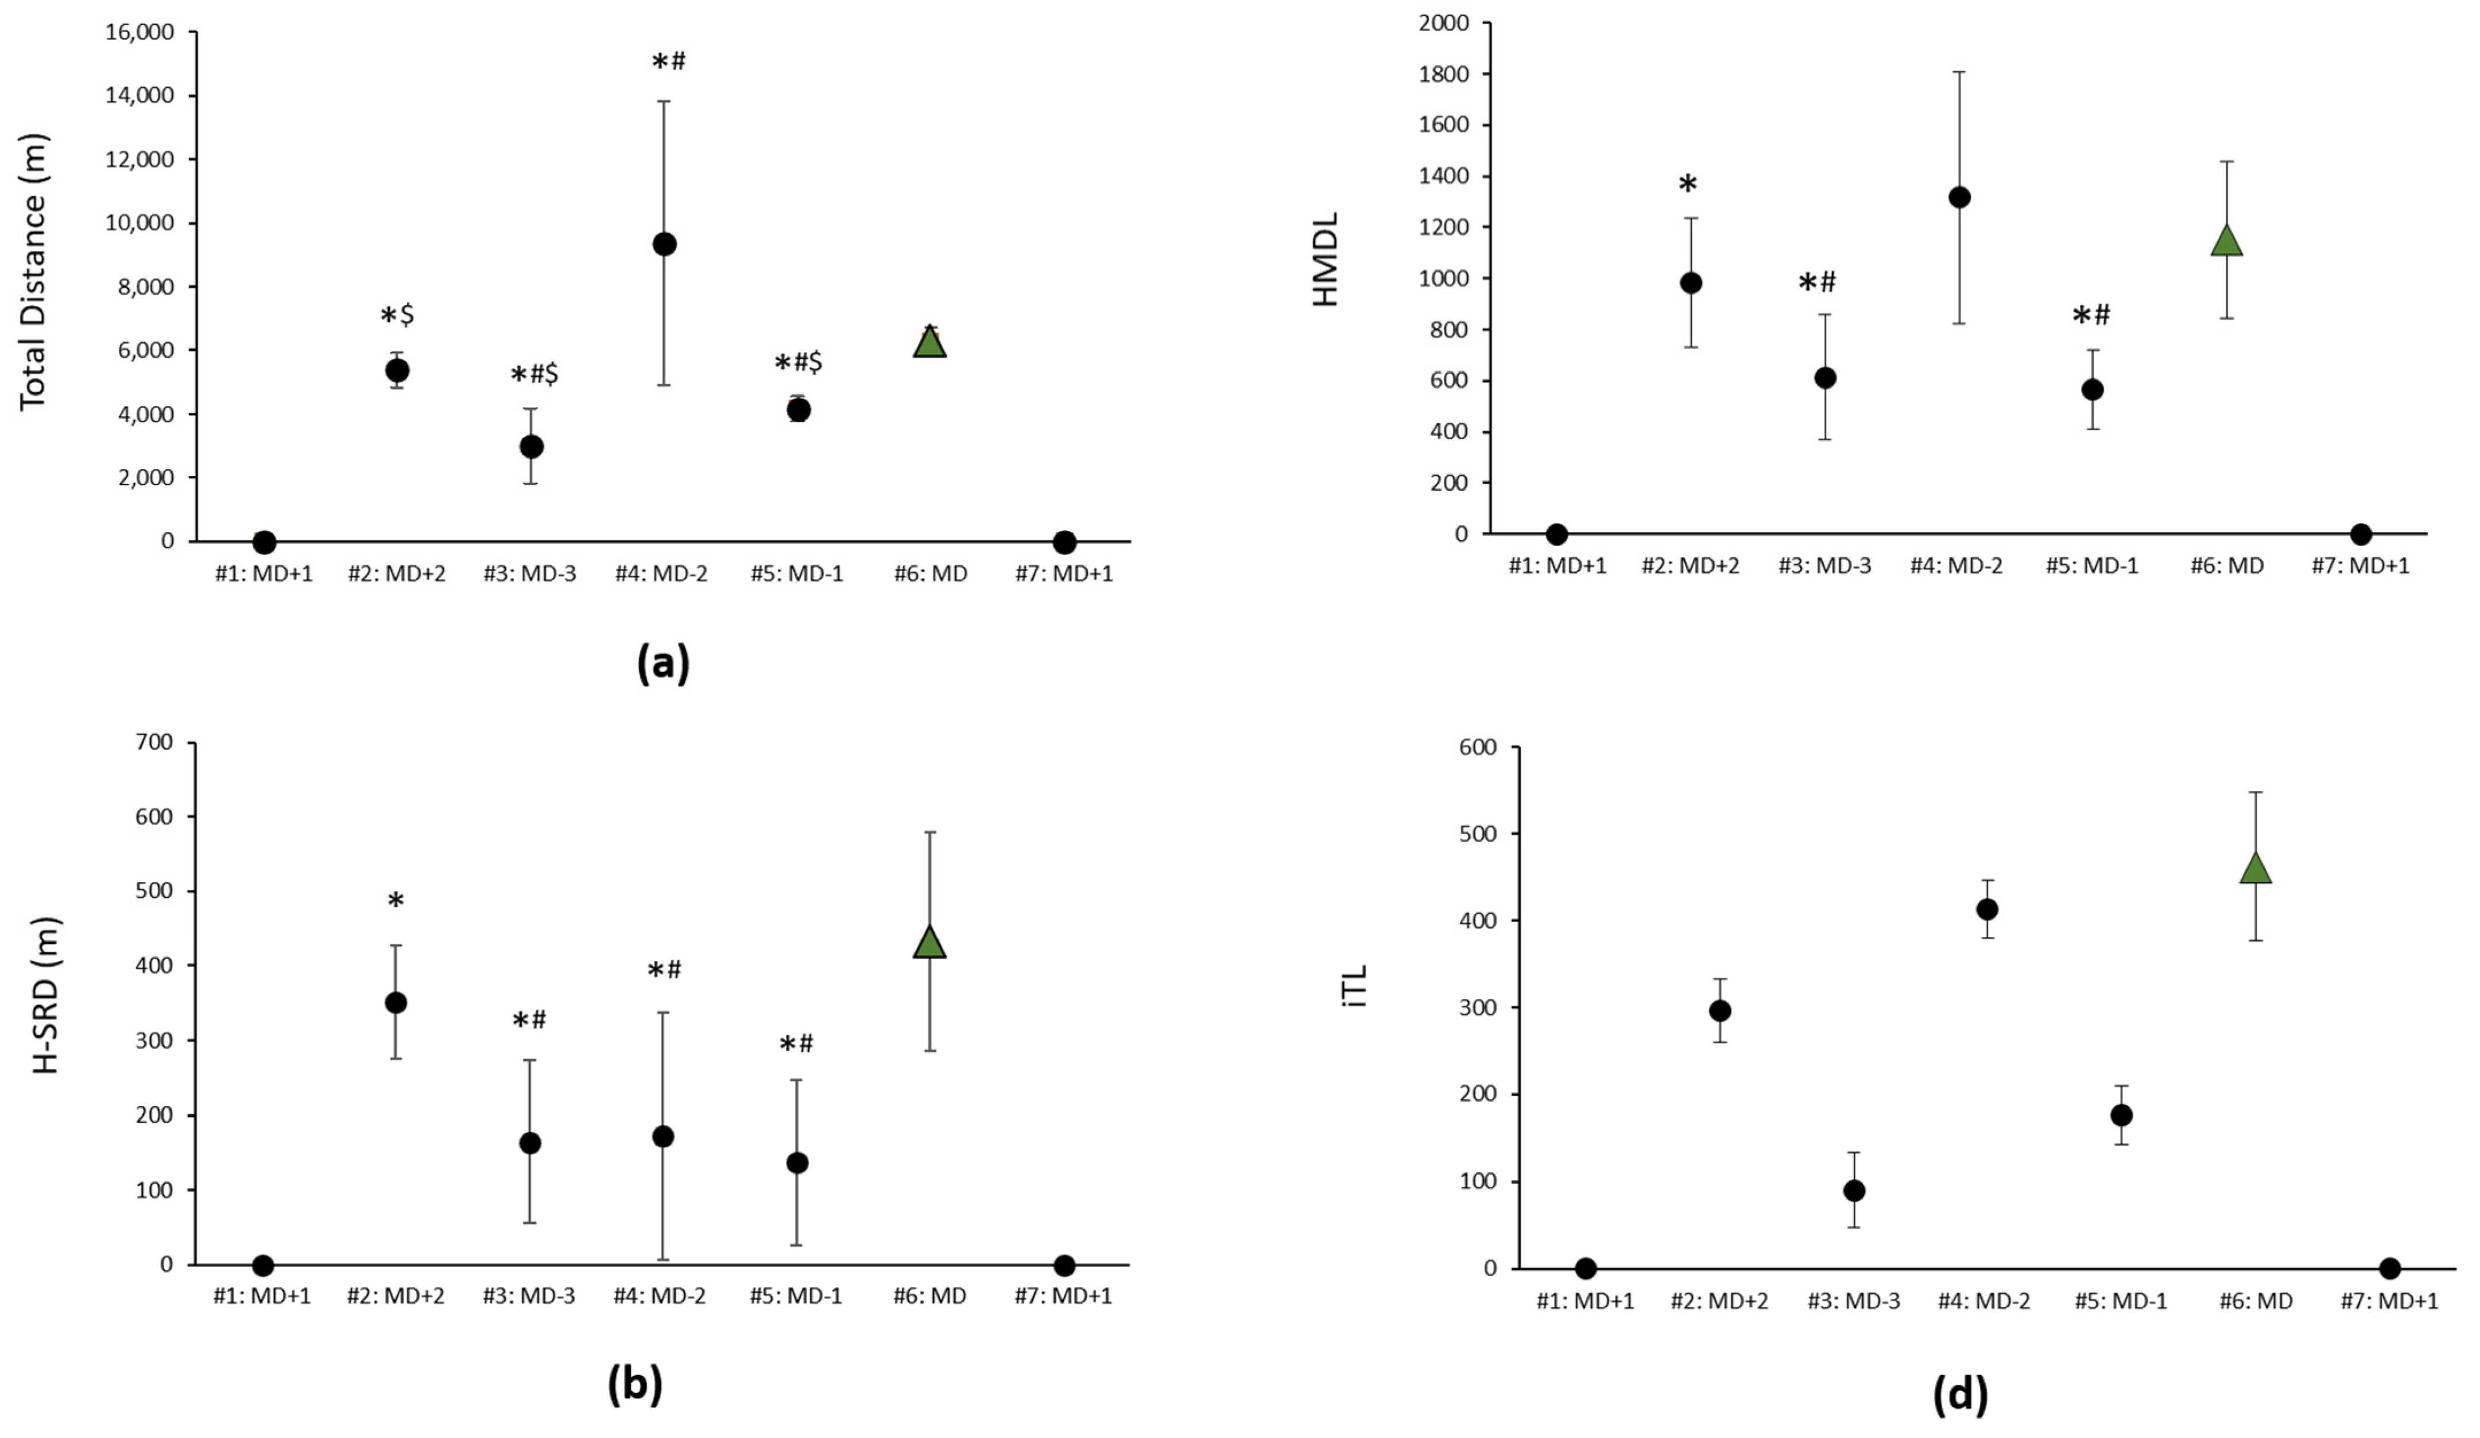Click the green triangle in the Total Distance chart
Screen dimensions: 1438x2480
(930, 342)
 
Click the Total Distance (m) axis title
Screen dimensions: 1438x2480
(34, 272)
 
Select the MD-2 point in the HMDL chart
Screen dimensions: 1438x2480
(1959, 197)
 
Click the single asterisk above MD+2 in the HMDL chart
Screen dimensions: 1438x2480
(1688, 185)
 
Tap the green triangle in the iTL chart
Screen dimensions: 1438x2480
(2254, 868)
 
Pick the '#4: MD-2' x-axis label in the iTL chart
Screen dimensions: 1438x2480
(1984, 1301)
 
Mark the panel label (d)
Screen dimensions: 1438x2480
(1959, 1395)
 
